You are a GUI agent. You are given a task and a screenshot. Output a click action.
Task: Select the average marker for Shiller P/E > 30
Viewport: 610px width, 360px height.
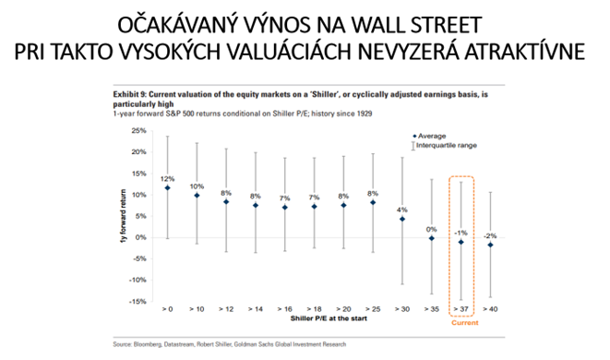pyautogui.click(x=401, y=219)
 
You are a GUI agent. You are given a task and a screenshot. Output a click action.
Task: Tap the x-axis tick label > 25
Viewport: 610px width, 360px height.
pyautogui.click(x=373, y=309)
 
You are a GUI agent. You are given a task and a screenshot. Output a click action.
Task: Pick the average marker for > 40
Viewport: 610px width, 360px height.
pyautogui.click(x=489, y=246)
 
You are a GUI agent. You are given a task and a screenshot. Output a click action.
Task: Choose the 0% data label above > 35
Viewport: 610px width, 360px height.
pyautogui.click(x=430, y=229)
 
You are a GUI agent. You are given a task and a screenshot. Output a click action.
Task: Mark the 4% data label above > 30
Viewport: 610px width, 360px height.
pyautogui.click(x=401, y=210)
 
